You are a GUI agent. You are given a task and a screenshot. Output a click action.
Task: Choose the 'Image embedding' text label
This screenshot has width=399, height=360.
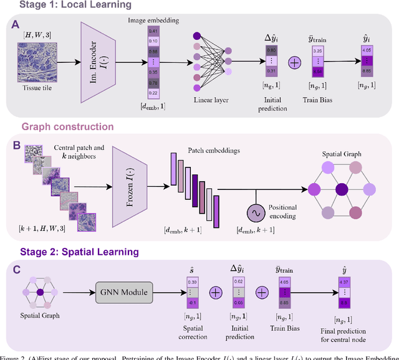click(x=152, y=19)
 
